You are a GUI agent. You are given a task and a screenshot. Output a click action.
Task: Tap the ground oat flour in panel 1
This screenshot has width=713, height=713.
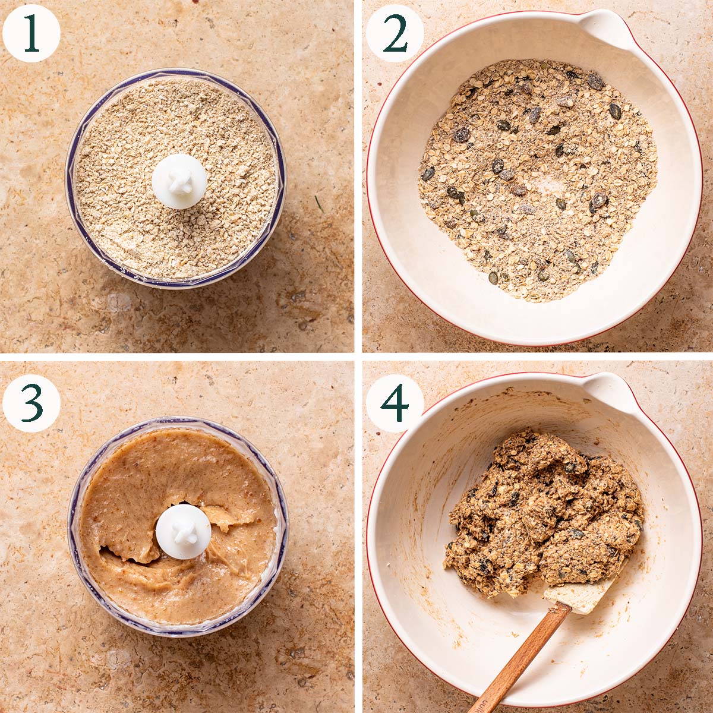tap(131, 226)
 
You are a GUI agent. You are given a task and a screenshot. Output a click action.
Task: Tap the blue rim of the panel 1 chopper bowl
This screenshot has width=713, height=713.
tap(71, 178)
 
